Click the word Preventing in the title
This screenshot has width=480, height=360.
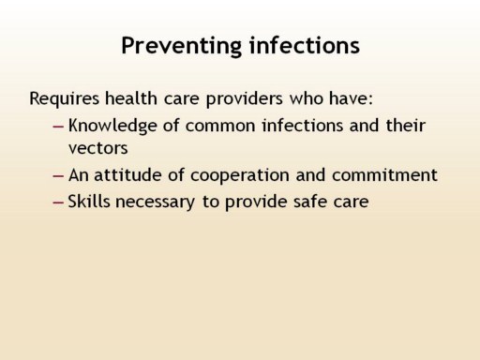(181, 46)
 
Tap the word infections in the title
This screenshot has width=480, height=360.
(305, 45)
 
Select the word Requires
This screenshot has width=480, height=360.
(65, 98)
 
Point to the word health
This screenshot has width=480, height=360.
(131, 97)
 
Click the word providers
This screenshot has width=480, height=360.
(245, 98)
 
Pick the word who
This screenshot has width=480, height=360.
(306, 98)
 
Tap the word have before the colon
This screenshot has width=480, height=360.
(349, 98)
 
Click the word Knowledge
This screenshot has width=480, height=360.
(112, 126)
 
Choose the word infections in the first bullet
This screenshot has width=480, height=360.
(303, 126)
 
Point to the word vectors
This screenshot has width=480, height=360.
(97, 148)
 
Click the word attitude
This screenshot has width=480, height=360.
(127, 174)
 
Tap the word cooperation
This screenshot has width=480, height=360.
(240, 175)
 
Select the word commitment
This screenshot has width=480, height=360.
(384, 175)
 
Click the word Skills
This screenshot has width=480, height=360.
(89, 202)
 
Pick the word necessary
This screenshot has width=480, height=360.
(156, 202)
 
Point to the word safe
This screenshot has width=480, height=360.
(310, 202)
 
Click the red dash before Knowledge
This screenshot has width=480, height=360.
(58, 127)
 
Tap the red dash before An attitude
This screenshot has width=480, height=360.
(58, 176)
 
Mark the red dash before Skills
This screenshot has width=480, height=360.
(58, 202)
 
